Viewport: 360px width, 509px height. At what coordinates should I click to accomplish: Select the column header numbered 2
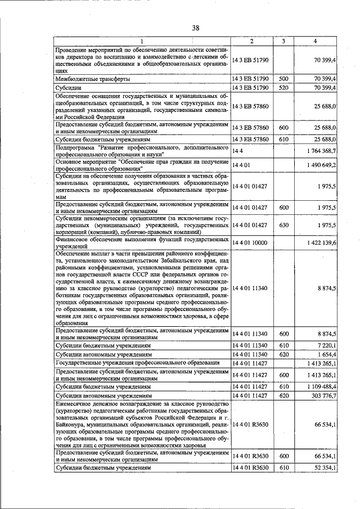tap(251, 42)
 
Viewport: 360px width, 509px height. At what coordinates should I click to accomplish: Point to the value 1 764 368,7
tap(319, 151)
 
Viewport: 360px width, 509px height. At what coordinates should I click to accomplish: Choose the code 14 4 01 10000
tap(250, 242)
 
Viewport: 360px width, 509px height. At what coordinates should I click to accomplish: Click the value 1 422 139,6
tap(319, 242)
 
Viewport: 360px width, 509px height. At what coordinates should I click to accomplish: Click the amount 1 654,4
tap(325, 355)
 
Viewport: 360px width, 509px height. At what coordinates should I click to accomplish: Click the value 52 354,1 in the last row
tap(323, 467)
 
